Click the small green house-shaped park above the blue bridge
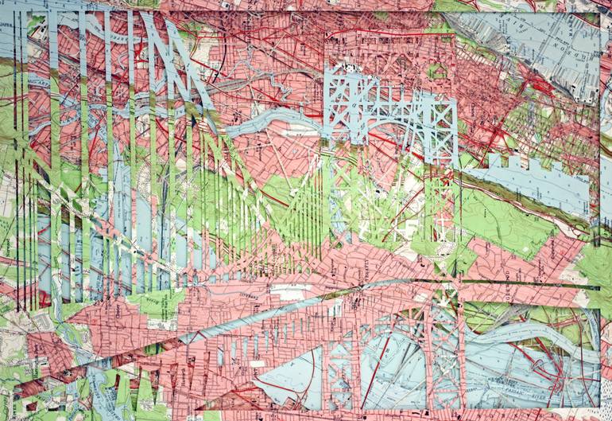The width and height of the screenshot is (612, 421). (435, 72)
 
